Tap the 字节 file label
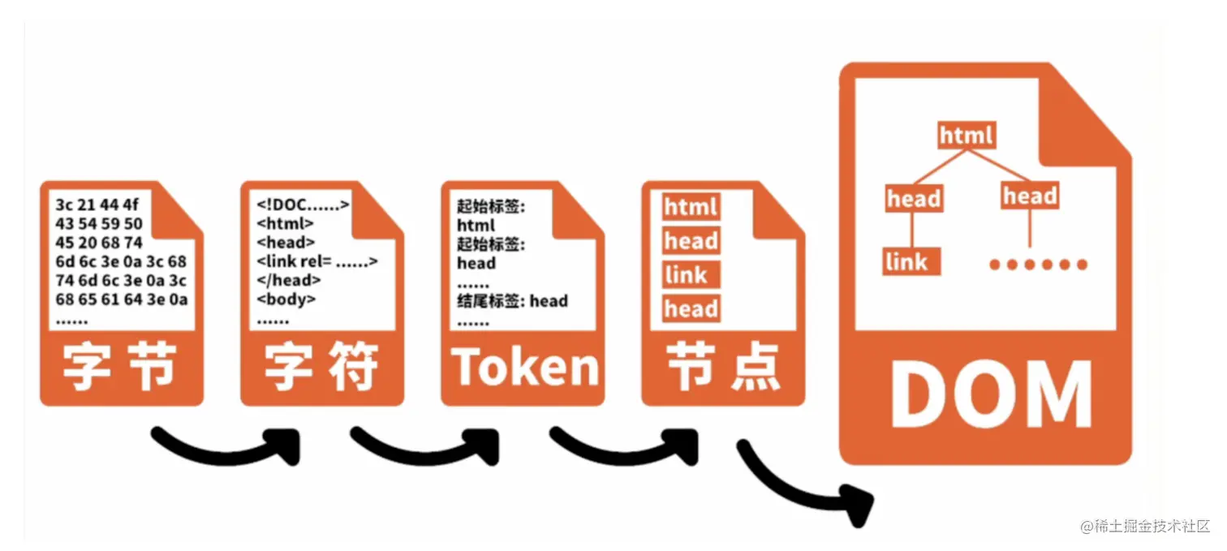[x=120, y=368]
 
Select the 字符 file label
[x=321, y=368]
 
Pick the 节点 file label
[x=722, y=368]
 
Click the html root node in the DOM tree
[x=966, y=135]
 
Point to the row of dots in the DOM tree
[x=1038, y=264]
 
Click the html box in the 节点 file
[x=691, y=207]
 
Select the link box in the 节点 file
[x=687, y=275]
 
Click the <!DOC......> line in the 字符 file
[x=303, y=204]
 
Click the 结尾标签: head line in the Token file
[x=512, y=301]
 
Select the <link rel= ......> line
[x=317, y=261]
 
